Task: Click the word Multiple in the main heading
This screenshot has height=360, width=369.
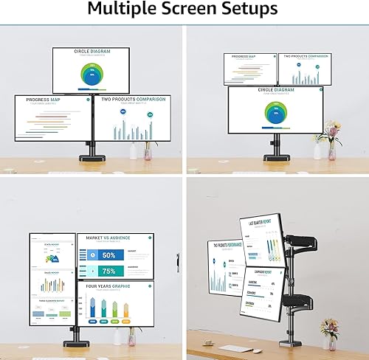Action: click(116, 9)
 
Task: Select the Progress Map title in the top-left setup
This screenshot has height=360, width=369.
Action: click(44, 100)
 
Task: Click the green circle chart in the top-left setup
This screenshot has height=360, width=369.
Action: click(92, 75)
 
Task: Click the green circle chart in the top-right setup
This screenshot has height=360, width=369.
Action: click(275, 113)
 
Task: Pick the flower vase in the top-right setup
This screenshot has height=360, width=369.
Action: click(332, 152)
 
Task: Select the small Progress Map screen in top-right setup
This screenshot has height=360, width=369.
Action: click(249, 69)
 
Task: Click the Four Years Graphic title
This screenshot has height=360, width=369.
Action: click(108, 285)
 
